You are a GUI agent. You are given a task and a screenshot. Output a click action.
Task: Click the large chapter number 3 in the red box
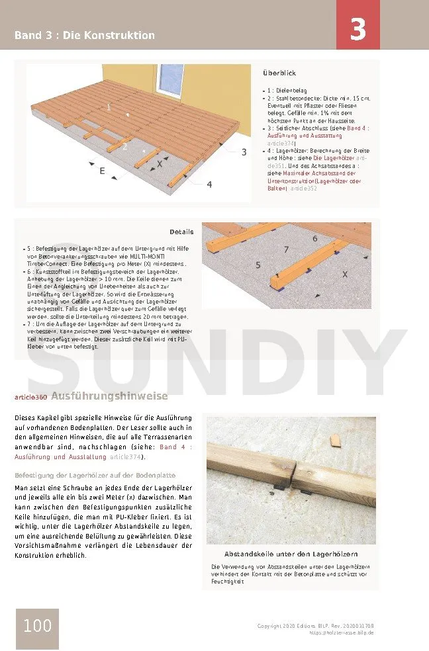[358, 30]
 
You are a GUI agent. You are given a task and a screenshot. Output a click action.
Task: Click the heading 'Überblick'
[279, 73]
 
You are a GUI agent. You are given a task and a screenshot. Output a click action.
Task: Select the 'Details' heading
[181, 232]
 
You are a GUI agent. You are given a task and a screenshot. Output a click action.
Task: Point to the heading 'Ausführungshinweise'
[109, 397]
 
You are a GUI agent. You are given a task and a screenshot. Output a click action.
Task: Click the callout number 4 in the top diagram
[209, 185]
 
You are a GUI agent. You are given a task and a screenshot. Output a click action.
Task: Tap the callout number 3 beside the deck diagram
[244, 152]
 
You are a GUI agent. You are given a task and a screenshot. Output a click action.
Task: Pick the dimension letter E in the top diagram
[103, 171]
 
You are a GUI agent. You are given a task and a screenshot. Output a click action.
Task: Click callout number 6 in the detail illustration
[314, 238]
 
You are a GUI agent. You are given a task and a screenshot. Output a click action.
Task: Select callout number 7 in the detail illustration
[286, 249]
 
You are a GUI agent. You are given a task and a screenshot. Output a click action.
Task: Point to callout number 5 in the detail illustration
[258, 265]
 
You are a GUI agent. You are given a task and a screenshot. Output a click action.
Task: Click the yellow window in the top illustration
[174, 84]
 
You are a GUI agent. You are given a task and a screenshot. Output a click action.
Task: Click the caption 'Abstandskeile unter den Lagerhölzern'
[291, 554]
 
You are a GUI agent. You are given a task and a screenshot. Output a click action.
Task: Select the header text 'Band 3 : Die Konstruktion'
[85, 35]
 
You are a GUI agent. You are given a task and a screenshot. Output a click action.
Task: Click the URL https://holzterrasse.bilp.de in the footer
[342, 633]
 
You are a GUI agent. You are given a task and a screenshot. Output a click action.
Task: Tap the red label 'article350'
[30, 398]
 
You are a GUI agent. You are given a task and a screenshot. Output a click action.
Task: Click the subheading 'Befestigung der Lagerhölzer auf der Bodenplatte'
[95, 476]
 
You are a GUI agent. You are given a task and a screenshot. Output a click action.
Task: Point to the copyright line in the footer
[315, 626]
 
